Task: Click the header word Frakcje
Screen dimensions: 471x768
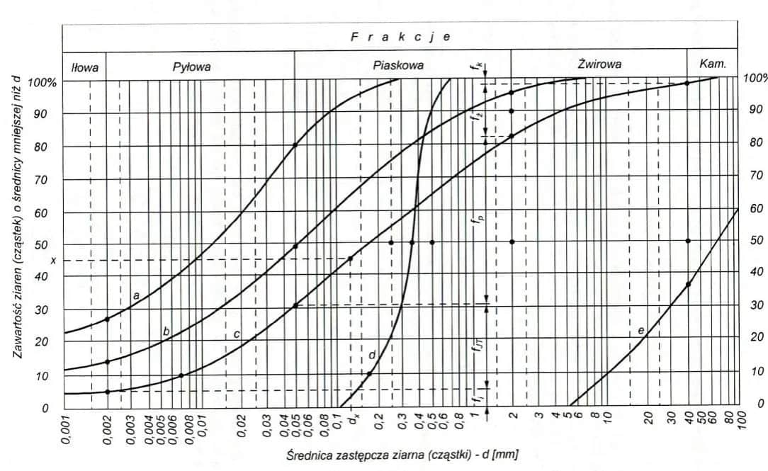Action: point(400,38)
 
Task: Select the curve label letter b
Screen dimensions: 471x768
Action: point(166,331)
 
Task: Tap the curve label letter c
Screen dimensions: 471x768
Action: point(237,334)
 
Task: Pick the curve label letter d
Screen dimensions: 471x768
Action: point(372,355)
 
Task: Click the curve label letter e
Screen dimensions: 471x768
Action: point(640,331)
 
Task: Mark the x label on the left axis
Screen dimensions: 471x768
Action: point(53,261)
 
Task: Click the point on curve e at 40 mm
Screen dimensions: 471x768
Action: point(687,285)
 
